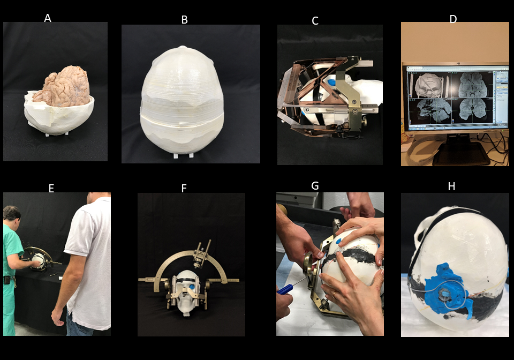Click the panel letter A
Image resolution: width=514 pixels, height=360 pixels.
click(x=48, y=18)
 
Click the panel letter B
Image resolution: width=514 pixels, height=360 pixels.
click(x=185, y=20)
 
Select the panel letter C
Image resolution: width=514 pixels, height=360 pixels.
click(x=315, y=21)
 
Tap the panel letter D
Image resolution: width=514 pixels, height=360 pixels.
click(x=453, y=19)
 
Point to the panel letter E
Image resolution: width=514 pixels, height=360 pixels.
click(x=51, y=189)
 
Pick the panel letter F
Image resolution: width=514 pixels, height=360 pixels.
click(x=184, y=188)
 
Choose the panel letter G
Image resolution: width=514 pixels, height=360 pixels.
click(x=315, y=186)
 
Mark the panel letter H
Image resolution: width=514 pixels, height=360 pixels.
click(x=451, y=186)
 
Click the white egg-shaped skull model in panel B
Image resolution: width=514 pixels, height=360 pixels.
click(x=182, y=101)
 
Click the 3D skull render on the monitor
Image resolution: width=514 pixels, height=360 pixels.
click(x=429, y=85)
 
